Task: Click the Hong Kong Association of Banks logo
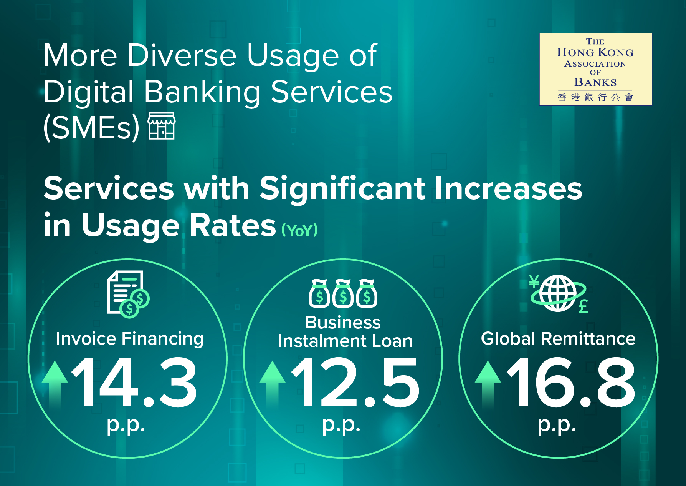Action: [x=595, y=69]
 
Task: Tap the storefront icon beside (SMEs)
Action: [x=162, y=126]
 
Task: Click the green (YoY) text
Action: [x=299, y=230]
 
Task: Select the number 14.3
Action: [x=134, y=382]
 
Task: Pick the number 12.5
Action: [x=355, y=382]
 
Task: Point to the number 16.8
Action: [x=571, y=382]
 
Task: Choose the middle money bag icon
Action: [x=343, y=293]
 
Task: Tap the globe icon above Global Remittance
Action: [x=558, y=293]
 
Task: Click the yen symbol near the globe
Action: [x=534, y=281]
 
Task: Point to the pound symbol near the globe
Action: [x=583, y=306]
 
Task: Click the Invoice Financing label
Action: [x=129, y=339]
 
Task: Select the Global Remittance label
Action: [x=558, y=339]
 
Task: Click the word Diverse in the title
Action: [x=182, y=55]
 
